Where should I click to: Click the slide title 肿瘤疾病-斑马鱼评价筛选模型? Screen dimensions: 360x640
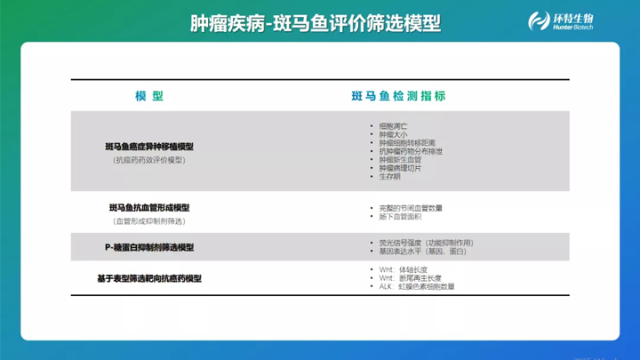coord(315,23)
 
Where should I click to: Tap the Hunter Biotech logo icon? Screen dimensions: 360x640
coord(538,21)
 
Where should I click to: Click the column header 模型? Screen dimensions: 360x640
coord(149,96)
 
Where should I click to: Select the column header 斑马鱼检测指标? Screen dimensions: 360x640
coord(398,96)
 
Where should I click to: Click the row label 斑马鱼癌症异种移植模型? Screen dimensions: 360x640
coord(149,147)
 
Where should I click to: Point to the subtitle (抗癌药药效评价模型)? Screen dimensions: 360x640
coord(149,160)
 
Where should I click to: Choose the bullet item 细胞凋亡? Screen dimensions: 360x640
coord(393,126)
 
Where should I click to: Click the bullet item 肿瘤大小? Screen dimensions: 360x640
coord(393,135)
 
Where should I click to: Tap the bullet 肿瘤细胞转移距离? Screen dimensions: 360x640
coord(407,143)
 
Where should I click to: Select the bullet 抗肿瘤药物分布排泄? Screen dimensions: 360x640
coord(411,151)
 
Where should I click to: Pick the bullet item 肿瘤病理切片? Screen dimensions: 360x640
coord(400,168)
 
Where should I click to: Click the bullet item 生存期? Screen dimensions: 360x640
coord(389,176)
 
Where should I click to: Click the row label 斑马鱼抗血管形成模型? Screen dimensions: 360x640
coord(149,208)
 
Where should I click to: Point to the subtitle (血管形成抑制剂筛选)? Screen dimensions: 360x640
coord(149,221)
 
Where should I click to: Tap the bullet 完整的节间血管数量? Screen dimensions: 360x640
coord(411,208)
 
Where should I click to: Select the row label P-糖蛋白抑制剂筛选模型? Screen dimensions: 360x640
coord(149,247)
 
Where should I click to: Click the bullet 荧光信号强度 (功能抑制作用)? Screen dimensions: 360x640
coord(426,243)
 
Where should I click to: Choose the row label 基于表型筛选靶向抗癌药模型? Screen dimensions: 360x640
coord(149,278)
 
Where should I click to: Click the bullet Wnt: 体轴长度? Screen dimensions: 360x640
coord(403,270)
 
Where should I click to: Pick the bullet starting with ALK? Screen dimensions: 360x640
coord(416,287)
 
